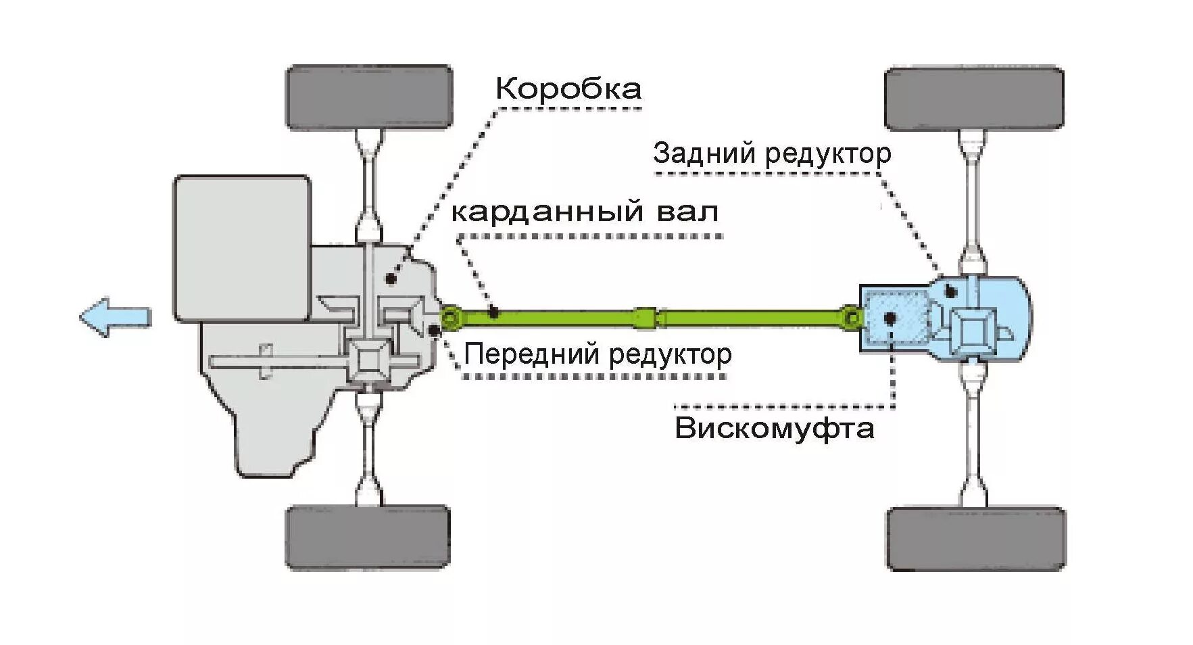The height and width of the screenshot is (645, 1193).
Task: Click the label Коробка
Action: (x=568, y=89)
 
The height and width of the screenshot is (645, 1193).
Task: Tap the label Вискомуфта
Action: (x=774, y=429)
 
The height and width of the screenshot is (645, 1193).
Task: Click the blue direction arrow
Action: (x=115, y=316)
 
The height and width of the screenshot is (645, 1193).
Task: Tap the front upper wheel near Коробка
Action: (x=369, y=97)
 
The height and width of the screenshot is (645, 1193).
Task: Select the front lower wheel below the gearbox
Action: (x=367, y=537)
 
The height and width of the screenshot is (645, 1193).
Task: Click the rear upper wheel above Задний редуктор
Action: (x=973, y=98)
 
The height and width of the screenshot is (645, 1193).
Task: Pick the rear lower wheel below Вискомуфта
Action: (x=975, y=538)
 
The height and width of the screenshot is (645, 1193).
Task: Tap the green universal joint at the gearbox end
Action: (x=450, y=317)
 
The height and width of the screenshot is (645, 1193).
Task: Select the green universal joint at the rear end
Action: (x=852, y=317)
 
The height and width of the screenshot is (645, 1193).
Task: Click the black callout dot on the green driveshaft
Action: (x=494, y=312)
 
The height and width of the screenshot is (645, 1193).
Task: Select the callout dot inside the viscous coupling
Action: (x=890, y=318)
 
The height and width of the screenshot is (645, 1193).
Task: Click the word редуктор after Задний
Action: (x=829, y=155)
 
